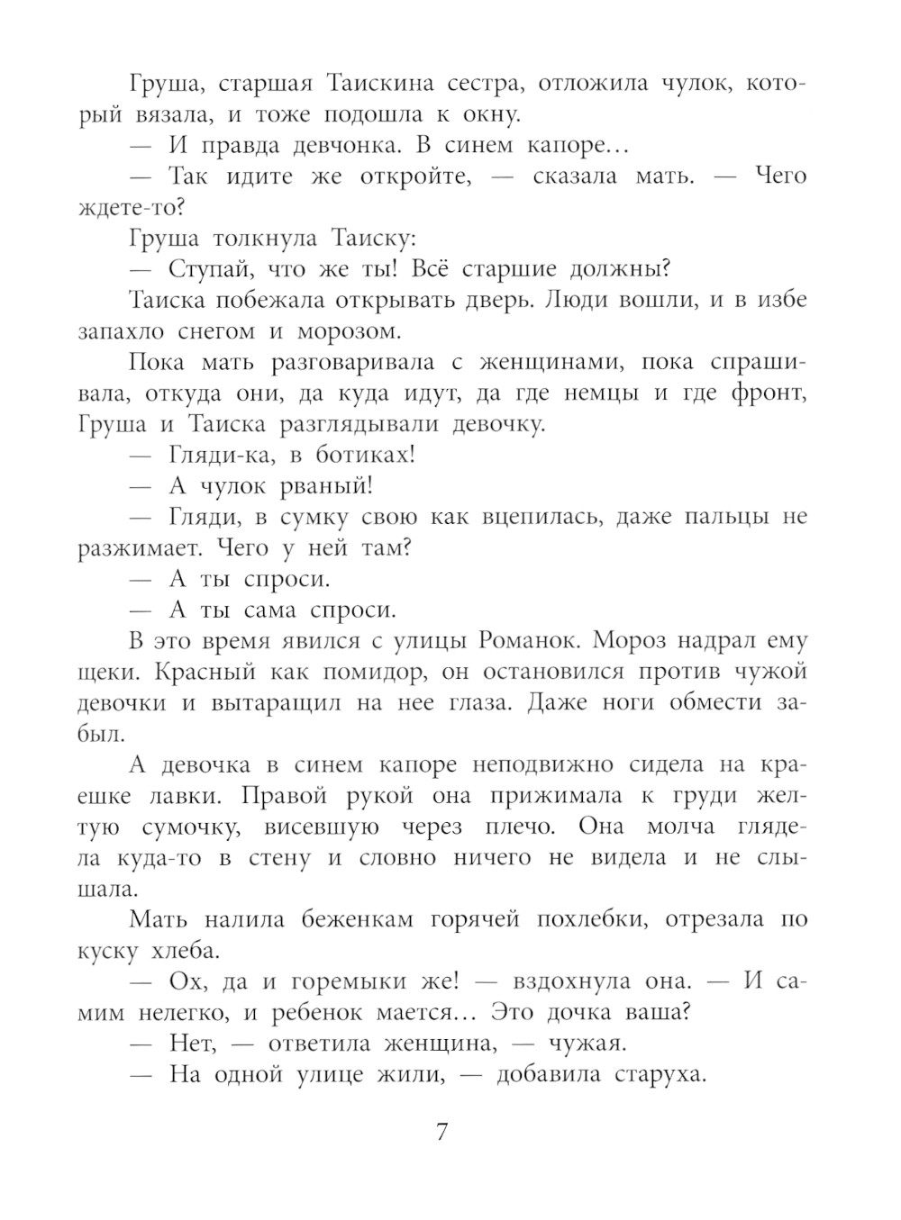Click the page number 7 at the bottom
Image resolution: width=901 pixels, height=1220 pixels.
tap(441, 1133)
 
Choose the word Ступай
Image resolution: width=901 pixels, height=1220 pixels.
tap(212, 269)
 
